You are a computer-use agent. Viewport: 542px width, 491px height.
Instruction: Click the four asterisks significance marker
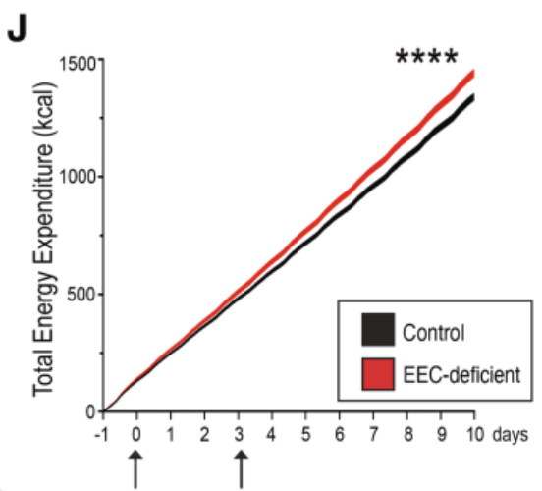[x=426, y=57]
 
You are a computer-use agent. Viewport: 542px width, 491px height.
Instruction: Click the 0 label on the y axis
[x=91, y=412]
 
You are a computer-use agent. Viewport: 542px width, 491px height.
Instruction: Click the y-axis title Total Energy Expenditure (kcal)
[x=43, y=240]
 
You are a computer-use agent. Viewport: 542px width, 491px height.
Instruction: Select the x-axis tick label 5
[x=305, y=435]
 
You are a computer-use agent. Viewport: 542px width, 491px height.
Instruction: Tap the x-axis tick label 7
[x=373, y=435]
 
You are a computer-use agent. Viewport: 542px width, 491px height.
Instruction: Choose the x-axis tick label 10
[x=475, y=435]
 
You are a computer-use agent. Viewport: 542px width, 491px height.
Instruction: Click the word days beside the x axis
[x=511, y=435]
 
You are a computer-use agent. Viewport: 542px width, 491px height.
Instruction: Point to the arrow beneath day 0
[x=135, y=469]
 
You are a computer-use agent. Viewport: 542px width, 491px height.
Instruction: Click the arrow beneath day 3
[x=241, y=469]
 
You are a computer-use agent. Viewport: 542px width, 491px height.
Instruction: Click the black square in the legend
[x=378, y=330]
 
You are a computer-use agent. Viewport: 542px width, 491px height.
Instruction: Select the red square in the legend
[x=378, y=374]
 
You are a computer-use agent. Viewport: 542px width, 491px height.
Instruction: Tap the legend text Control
[x=433, y=333]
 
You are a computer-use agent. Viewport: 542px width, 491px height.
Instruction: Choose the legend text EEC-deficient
[x=461, y=374]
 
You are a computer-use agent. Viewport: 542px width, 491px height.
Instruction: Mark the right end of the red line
[x=473, y=74]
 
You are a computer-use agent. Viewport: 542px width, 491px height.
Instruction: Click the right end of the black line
[x=473, y=98]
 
